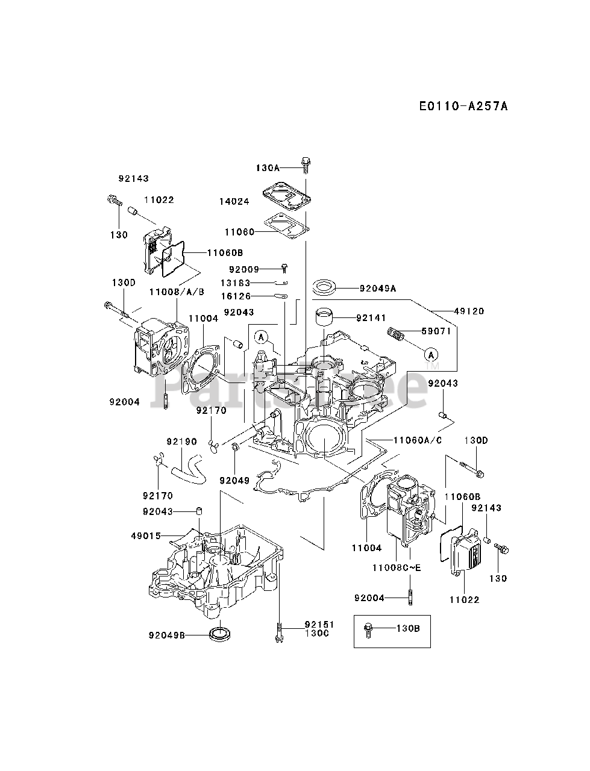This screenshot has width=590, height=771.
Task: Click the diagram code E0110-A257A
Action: [x=463, y=106]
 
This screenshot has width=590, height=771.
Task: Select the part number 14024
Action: [x=234, y=201]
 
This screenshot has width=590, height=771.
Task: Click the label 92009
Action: [x=244, y=269]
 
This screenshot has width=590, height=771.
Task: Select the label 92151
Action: [x=319, y=625]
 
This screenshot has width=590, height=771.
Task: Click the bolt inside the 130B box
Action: [x=368, y=630]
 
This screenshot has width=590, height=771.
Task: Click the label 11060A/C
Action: [x=418, y=440]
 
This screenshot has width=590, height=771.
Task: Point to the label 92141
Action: [x=371, y=317]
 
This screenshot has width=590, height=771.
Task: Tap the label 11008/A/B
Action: [x=177, y=292]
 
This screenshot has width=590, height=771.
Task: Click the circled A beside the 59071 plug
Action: [x=430, y=354]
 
